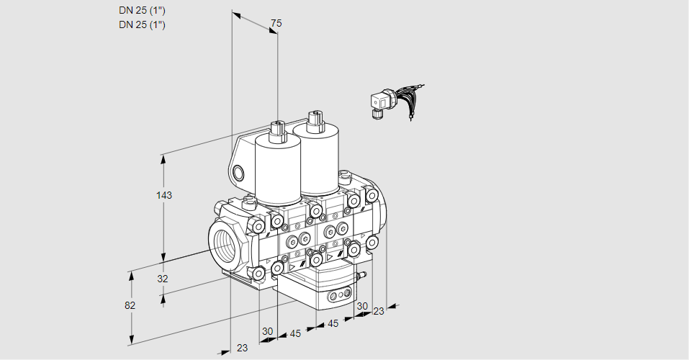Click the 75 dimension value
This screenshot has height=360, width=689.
tap(275, 24)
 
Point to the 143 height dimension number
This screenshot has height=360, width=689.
tap(166, 195)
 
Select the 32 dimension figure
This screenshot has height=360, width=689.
tap(163, 279)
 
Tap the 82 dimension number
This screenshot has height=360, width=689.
tap(130, 305)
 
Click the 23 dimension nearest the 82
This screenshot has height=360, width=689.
tap(242, 348)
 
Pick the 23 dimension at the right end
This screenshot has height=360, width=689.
tap(379, 311)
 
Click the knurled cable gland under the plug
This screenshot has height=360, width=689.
tap(377, 113)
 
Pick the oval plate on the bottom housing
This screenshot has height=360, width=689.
tap(339, 296)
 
